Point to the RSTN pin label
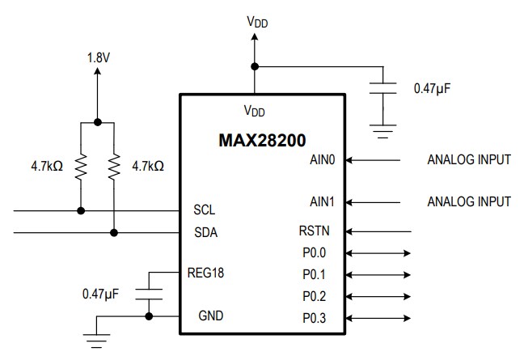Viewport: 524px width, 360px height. [314, 231]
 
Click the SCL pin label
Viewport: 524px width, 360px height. [205, 210]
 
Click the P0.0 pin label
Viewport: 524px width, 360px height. [315, 252]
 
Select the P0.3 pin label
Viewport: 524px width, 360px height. [315, 317]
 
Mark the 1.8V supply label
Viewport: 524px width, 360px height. [98, 58]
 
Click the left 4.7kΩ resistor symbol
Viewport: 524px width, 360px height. [81, 166]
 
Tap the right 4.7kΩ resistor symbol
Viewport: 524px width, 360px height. [114, 166]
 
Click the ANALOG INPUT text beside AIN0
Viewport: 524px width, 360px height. [468, 159]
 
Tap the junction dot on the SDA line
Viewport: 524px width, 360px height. [114, 232]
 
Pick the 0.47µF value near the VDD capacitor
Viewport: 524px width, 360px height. [431, 88]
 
